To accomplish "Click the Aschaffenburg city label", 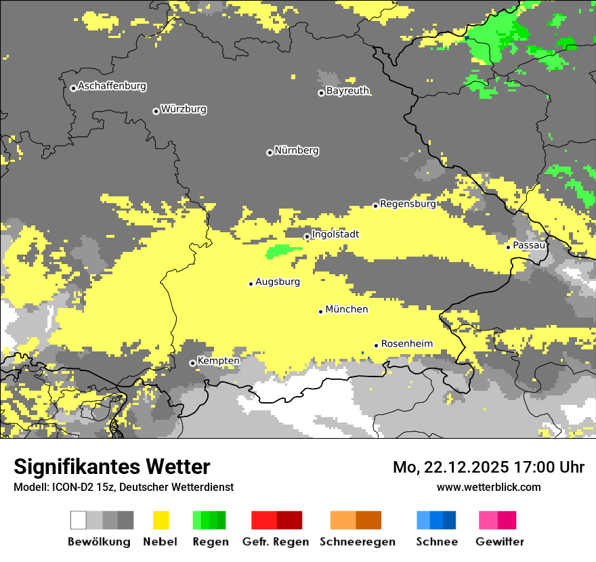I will pos(112,87).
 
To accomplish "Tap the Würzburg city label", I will pos(184,109).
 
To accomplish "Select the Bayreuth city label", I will pos(347,91).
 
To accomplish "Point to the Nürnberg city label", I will pos(297,150).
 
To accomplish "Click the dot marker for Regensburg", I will pos(375,205).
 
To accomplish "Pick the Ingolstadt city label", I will pos(335,234).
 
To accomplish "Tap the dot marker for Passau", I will pos(508,247).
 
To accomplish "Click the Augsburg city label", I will pos(278,282).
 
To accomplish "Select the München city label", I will pos(347,309).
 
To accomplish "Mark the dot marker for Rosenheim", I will pos(376,345).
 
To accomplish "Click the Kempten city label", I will pos(219,361).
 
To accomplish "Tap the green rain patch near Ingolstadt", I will pos(283,251).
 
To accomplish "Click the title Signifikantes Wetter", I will pos(112,467).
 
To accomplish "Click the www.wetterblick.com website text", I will pos(488,487).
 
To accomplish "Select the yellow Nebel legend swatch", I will pos(161,520).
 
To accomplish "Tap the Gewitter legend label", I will pos(500,542).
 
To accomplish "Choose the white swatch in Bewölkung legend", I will pos(79,520).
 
